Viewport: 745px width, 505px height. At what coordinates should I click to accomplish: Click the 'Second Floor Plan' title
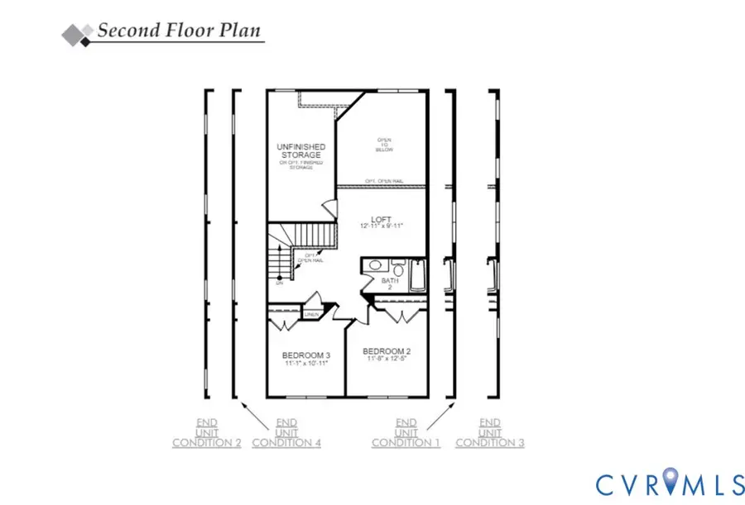179,31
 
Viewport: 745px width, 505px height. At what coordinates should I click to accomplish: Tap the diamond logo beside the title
77,32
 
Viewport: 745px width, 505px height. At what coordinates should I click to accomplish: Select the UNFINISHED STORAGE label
300,150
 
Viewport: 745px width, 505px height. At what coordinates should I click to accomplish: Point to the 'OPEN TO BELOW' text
385,145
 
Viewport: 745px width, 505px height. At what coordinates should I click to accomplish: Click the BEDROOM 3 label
305,355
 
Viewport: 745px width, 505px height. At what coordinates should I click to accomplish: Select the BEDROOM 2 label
387,350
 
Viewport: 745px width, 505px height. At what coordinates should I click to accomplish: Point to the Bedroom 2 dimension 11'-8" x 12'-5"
387,359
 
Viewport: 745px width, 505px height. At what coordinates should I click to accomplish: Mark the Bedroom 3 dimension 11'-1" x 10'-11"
305,363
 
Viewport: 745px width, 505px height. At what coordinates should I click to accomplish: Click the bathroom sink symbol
375,266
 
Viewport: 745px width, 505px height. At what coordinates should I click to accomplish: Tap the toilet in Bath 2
398,269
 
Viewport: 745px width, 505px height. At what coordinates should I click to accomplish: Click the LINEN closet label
312,314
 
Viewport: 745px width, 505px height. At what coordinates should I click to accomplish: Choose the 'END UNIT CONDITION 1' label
406,432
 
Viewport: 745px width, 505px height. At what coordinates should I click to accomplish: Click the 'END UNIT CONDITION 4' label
286,432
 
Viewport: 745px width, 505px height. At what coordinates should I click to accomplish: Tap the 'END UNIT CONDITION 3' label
490,432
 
